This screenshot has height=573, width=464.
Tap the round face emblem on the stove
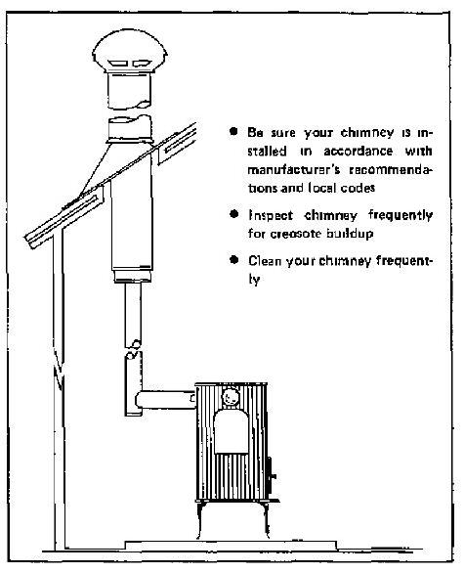coord(231,397)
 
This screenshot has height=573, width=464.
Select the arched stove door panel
coord(232,431)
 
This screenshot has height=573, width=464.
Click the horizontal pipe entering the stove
coord(165,400)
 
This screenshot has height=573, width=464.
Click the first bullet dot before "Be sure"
coord(233,131)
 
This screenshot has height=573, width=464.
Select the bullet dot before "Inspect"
coord(234,214)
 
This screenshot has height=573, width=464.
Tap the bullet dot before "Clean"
coord(234,260)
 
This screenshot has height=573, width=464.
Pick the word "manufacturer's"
coord(294,170)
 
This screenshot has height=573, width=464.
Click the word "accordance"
coord(359,151)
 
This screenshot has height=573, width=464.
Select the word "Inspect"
coord(271,215)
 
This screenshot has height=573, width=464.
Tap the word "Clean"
coord(265,261)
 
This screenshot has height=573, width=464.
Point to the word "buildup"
coord(350,233)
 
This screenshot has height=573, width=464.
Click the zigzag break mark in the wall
coord(58,369)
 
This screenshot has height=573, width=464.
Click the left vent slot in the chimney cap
coord(117,64)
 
